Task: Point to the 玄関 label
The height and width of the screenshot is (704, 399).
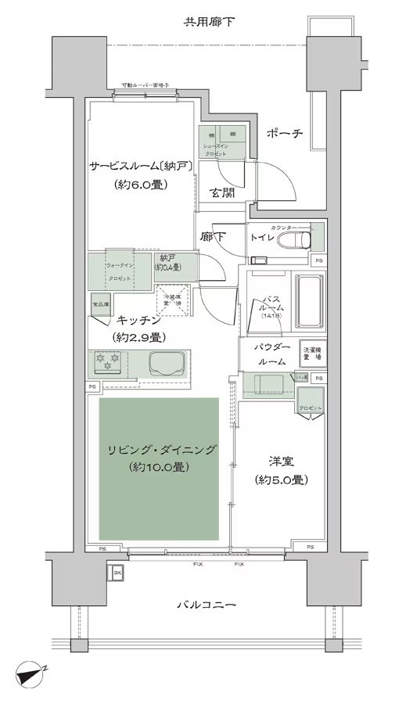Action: click(x=222, y=194)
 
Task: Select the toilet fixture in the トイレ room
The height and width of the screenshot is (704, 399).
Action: click(x=297, y=238)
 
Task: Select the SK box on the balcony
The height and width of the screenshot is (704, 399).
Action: click(x=117, y=573)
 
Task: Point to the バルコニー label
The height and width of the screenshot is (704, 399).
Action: click(x=207, y=604)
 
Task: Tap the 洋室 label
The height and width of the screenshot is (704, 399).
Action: click(x=279, y=462)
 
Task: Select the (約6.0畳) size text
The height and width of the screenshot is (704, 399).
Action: click(x=137, y=185)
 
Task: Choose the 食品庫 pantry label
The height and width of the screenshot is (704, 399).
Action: click(x=101, y=302)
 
